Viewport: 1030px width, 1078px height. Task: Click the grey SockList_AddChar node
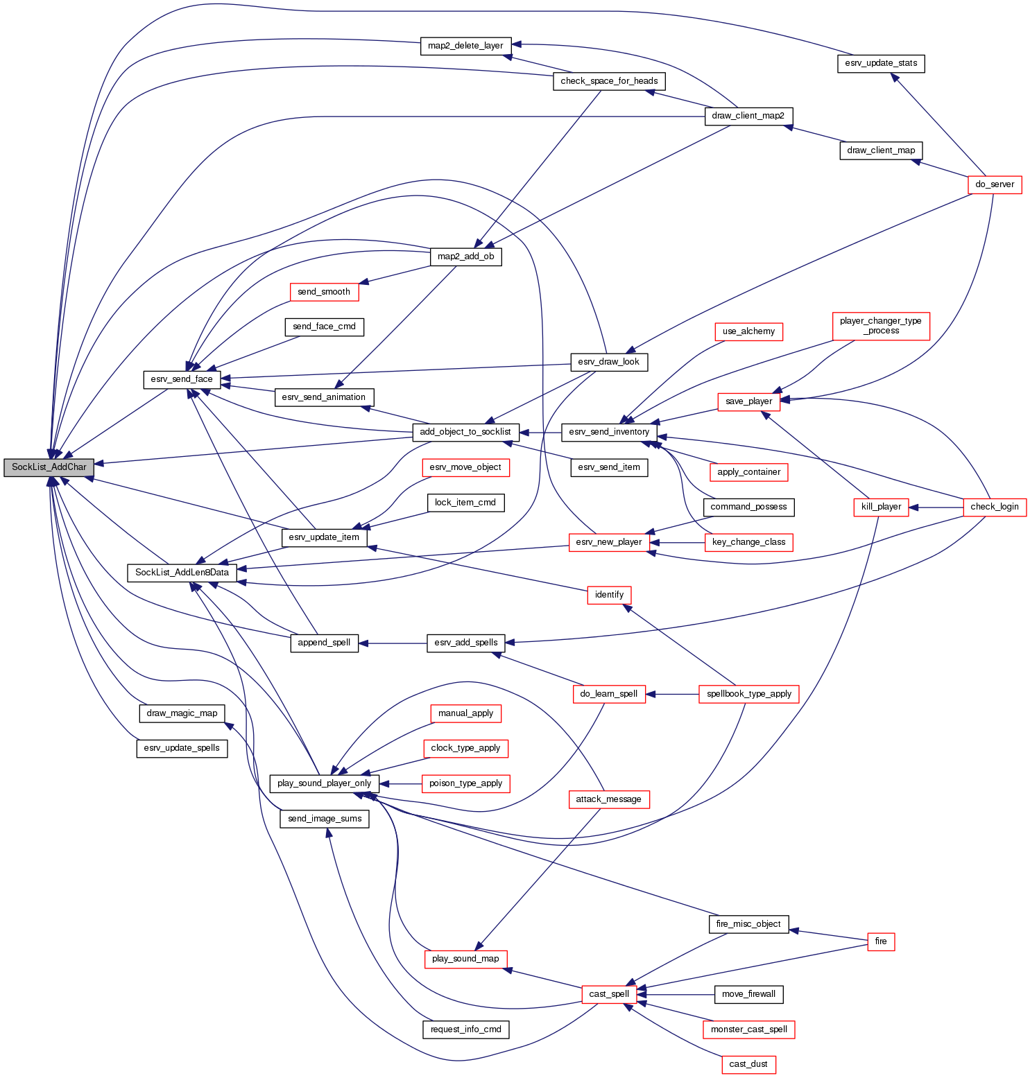[x=49, y=467]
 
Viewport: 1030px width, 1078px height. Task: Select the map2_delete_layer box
[x=465, y=46]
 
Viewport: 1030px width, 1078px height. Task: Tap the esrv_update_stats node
[x=881, y=63]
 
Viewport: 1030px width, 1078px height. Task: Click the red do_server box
[x=995, y=184]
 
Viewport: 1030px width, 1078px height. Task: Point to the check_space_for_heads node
[x=609, y=81]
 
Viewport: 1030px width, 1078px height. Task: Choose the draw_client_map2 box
[x=748, y=116]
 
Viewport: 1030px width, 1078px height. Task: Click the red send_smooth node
[x=324, y=292]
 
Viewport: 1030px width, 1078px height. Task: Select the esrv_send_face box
[x=182, y=379]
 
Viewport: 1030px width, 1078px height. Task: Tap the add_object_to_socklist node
[x=465, y=432]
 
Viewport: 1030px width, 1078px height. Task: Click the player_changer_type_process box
[x=880, y=326]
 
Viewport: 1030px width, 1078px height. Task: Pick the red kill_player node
[x=881, y=507]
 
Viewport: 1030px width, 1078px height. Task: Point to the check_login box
[x=995, y=507]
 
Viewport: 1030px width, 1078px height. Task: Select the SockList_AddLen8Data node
[x=182, y=573]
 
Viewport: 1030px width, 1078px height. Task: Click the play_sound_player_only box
[x=324, y=783]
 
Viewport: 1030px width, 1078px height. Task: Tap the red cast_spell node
[x=609, y=994]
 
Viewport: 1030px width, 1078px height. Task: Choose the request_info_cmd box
[x=465, y=1029]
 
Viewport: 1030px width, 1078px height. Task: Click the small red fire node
[x=881, y=941]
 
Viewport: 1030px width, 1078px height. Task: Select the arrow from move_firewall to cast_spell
[x=676, y=994]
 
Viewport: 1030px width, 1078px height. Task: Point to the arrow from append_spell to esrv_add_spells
[x=393, y=643]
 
